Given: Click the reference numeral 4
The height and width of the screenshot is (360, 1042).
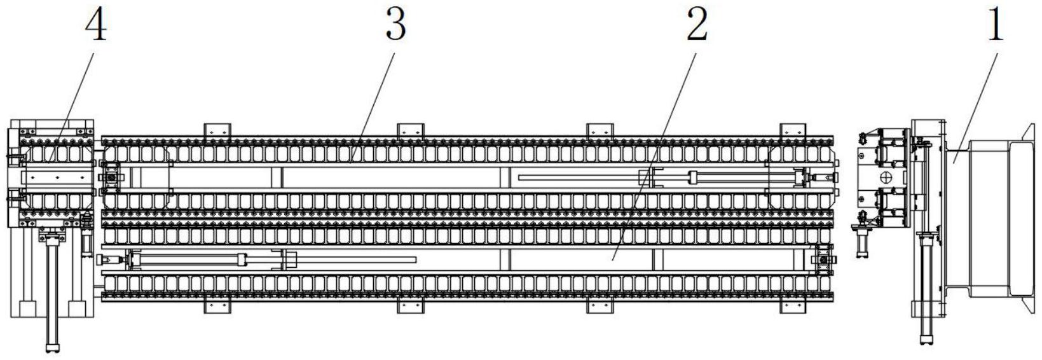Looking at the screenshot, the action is tap(97, 25).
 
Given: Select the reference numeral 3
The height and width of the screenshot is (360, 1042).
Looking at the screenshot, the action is tap(395, 25).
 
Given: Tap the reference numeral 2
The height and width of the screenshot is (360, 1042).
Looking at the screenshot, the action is tap(697, 25).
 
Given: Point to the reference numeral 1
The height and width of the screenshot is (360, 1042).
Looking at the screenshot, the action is tap(996, 25).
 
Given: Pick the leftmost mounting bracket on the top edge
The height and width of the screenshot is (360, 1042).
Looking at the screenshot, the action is tap(217, 130).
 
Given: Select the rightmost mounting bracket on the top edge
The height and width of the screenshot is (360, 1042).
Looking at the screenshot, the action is tap(793, 130).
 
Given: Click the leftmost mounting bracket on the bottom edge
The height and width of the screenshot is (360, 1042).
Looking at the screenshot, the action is tap(217, 307).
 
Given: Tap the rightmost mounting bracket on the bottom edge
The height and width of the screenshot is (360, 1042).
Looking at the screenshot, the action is tap(793, 307).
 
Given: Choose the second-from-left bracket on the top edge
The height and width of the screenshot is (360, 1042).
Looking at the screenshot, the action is tap(411, 130).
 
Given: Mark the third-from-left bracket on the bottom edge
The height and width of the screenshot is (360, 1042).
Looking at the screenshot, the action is tap(600, 307).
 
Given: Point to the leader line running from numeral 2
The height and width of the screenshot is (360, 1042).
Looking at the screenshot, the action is tap(655, 153).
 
